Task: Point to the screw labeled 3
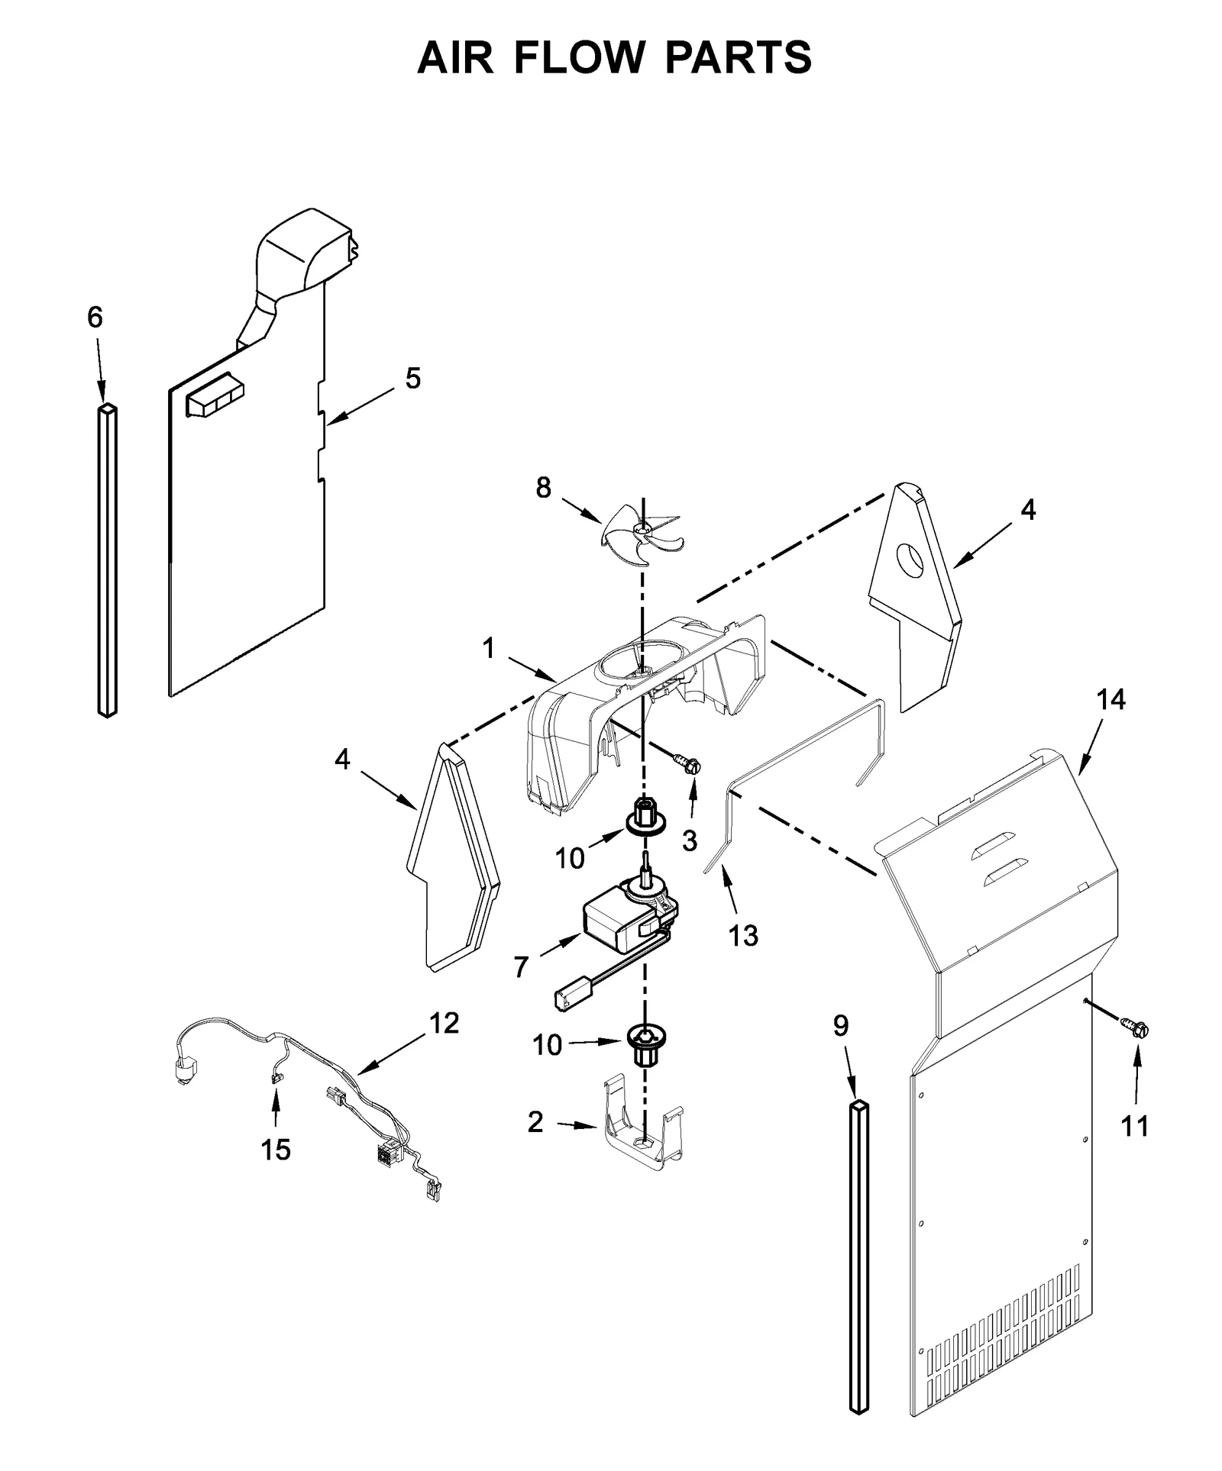pyautogui.click(x=687, y=763)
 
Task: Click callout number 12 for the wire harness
pyautogui.click(x=444, y=1023)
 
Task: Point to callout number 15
pyautogui.click(x=276, y=1149)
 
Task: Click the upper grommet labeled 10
pyautogui.click(x=646, y=818)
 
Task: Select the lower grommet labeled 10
pyautogui.click(x=646, y=1040)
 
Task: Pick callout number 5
pyautogui.click(x=412, y=378)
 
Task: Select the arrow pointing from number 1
pyautogui.click(x=532, y=667)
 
